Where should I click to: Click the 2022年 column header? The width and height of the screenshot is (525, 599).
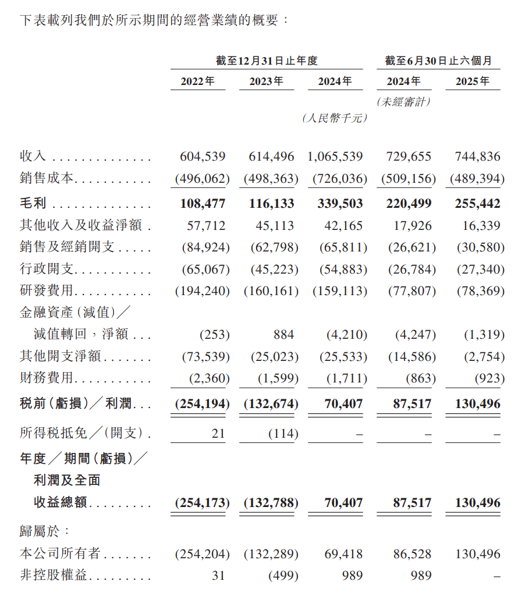[x=197, y=81]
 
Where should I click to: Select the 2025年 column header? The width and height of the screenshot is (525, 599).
[x=473, y=81]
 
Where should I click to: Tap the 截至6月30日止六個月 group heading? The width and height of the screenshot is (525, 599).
[x=438, y=61]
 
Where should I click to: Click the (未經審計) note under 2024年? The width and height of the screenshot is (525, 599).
[x=404, y=102]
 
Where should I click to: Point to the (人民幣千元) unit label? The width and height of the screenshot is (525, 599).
[x=335, y=118]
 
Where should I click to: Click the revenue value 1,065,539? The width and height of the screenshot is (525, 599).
[x=335, y=157]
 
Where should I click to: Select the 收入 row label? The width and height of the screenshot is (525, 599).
[x=33, y=157]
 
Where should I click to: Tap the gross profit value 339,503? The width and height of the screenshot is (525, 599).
[x=338, y=204]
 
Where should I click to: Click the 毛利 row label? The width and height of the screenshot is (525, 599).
[x=33, y=204]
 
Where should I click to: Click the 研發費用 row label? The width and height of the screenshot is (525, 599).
[x=47, y=290]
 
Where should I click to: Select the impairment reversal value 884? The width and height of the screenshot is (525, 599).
[x=284, y=335]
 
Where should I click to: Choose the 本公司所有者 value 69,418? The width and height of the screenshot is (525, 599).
[x=343, y=554]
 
